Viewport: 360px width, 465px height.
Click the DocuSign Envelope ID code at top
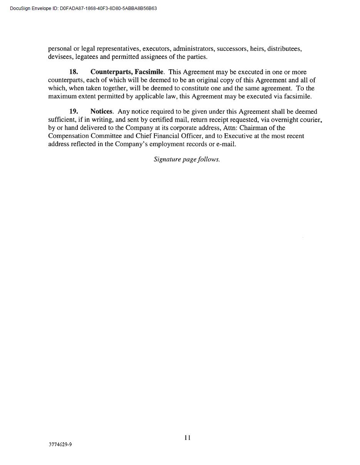pos(108,8)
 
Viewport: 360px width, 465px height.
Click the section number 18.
pos(74,72)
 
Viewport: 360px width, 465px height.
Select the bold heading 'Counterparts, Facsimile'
pos(127,72)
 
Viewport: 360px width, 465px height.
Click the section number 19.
pos(74,112)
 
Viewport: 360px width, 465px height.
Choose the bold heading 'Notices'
pos(101,112)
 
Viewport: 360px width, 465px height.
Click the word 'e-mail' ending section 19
pos(226,144)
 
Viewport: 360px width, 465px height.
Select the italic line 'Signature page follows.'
pos(187,159)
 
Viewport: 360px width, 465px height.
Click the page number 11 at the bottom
pos(188,438)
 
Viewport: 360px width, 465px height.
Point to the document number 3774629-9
pos(60,444)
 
